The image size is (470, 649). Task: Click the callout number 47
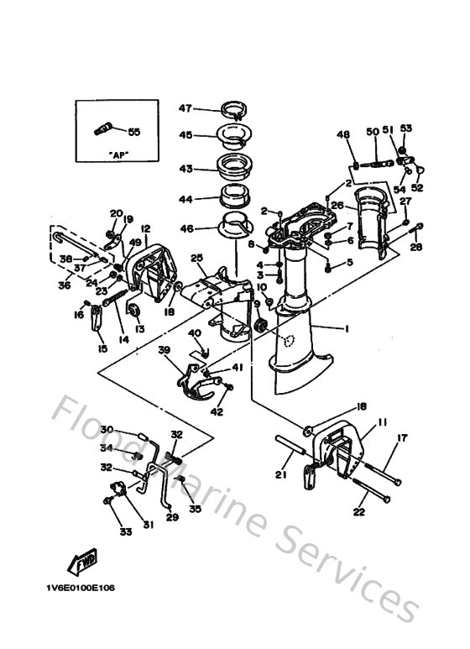pyautogui.click(x=185, y=108)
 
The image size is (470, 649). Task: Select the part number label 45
pyautogui.click(x=185, y=134)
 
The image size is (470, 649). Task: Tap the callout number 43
pyautogui.click(x=185, y=169)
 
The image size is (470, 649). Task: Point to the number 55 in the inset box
pyautogui.click(x=134, y=132)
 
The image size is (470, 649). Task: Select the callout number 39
pyautogui.click(x=164, y=350)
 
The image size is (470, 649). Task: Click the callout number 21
pyautogui.click(x=281, y=475)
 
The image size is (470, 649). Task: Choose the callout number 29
pyautogui.click(x=172, y=517)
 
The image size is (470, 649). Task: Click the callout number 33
pyautogui.click(x=125, y=531)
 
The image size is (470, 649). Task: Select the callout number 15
pyautogui.click(x=102, y=348)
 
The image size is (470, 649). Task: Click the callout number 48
pyautogui.click(x=342, y=134)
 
